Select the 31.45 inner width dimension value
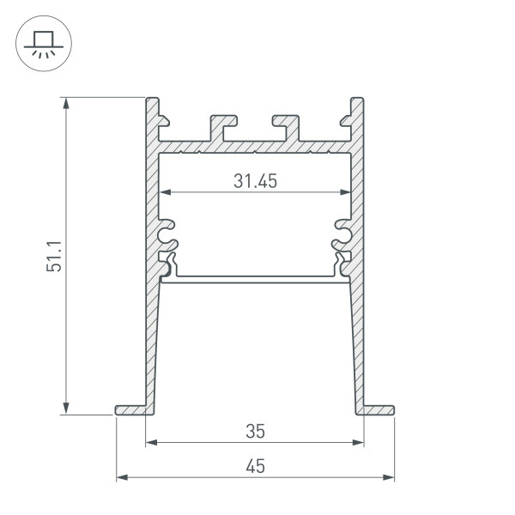(255, 181)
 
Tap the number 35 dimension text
(255, 430)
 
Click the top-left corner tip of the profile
(153, 101)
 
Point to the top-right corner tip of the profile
(357, 101)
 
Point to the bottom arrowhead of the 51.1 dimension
(68, 409)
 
